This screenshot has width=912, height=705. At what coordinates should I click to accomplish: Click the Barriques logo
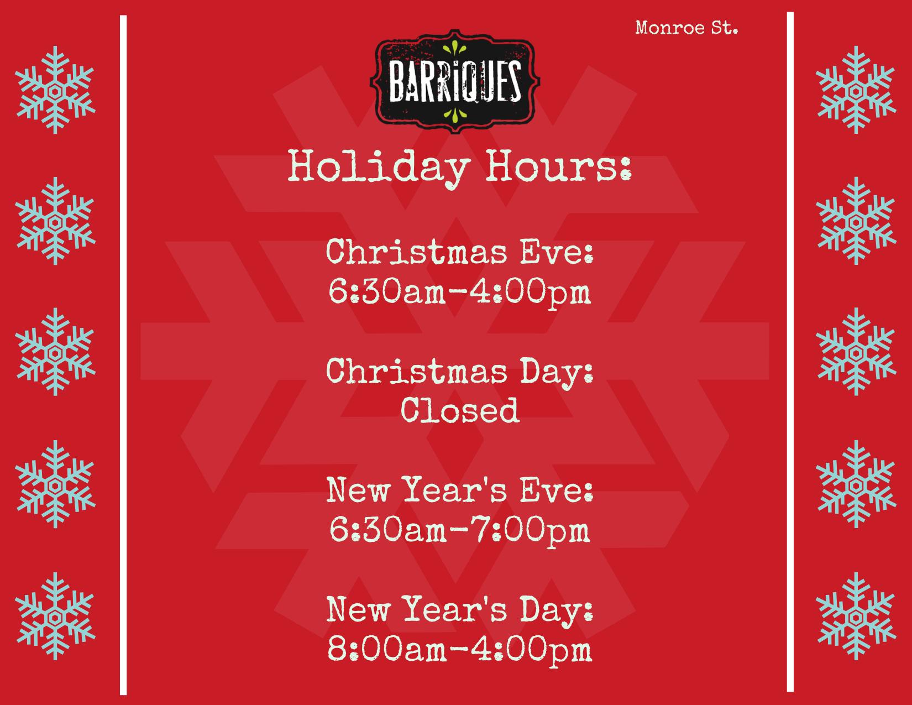455,81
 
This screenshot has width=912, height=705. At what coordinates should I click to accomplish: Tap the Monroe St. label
686,28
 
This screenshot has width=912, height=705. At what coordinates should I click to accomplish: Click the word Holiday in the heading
379,166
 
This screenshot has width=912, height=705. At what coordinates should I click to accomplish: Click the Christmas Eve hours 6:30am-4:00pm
459,292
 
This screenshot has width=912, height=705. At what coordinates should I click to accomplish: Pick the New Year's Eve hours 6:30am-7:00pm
459,530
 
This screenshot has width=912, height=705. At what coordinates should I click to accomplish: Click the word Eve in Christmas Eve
557,252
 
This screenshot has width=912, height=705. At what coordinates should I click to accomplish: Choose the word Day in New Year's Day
557,610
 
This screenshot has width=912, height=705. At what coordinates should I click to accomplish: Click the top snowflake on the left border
55,90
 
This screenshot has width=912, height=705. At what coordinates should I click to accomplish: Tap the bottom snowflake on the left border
55,616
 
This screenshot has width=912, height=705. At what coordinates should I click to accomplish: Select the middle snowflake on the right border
856,352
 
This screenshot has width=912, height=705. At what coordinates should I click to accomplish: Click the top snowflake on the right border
856,90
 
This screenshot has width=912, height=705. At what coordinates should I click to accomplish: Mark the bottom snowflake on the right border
856,616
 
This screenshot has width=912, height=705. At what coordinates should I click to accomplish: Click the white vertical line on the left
123,355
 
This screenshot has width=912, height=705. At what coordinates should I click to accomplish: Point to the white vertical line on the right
790,352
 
